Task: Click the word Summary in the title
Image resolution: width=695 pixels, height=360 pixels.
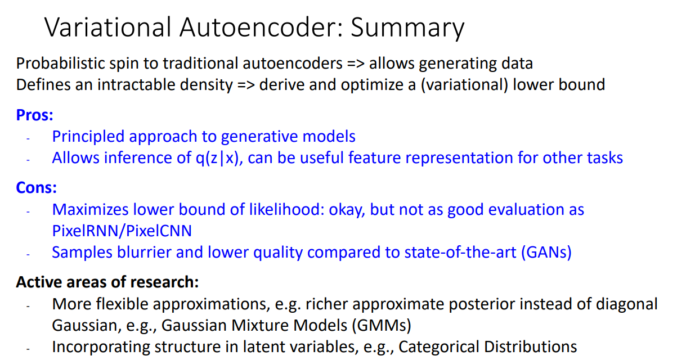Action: [407, 29]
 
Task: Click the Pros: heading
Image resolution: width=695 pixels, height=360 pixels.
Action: [35, 115]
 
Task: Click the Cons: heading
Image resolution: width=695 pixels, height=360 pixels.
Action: [37, 188]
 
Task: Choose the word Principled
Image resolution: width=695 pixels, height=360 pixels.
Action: [88, 137]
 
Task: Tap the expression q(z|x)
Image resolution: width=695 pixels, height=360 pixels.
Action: [219, 158]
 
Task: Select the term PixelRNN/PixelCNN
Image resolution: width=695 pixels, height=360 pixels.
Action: [122, 231]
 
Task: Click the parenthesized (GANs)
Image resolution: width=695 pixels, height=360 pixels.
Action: [546, 252]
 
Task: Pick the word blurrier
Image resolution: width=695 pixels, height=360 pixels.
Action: [144, 252]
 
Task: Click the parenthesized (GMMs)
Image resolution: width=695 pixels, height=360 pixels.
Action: [382, 326]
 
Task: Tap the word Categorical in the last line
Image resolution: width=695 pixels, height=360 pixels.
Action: [439, 347]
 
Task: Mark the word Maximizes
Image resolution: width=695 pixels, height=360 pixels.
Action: [90, 210]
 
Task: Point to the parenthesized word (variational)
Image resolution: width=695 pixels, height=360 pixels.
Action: [464, 85]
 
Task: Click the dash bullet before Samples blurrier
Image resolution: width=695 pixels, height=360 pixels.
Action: [28, 255]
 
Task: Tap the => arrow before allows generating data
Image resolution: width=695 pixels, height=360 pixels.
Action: [356, 64]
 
